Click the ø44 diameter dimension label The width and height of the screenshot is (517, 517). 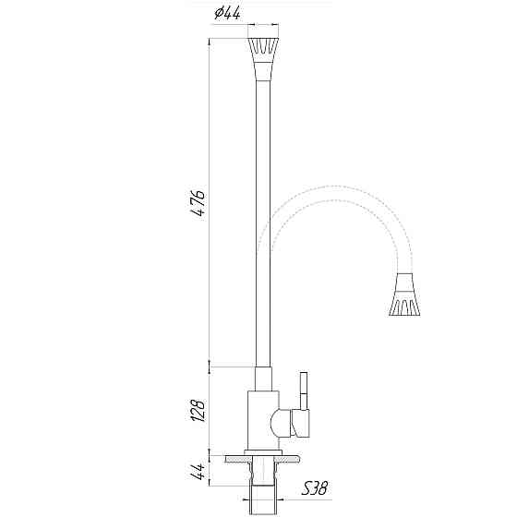click(x=227, y=14)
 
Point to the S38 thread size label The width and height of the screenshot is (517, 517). click(x=315, y=487)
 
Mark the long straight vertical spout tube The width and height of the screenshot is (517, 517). click(x=261, y=222)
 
